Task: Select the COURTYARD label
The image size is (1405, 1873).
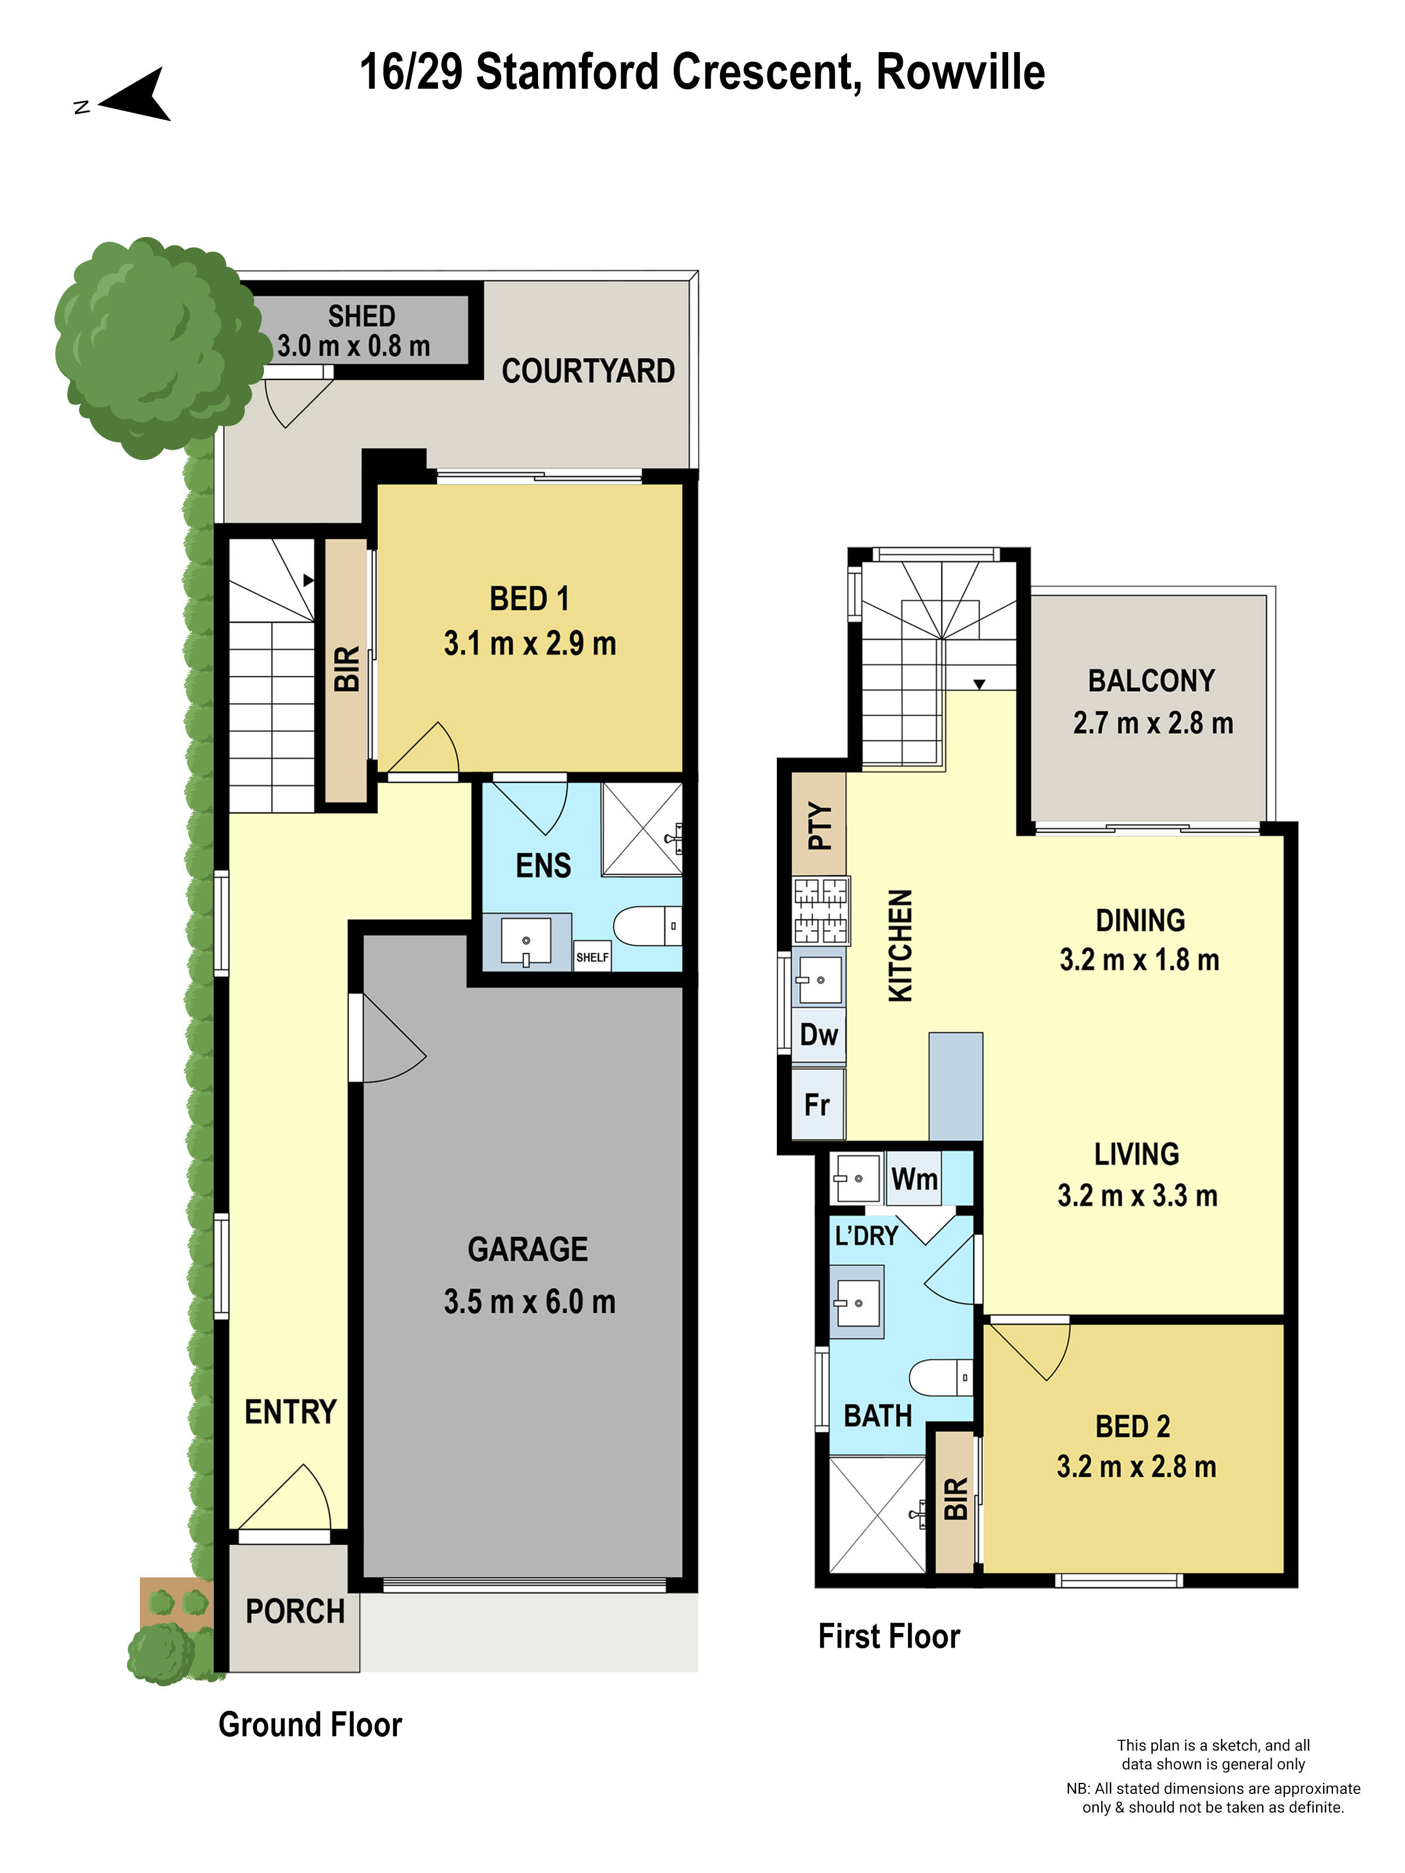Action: click(588, 371)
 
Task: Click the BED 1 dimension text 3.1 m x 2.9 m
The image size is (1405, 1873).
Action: click(529, 643)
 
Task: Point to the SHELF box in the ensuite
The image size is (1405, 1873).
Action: click(592, 957)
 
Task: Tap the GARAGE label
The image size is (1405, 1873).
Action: click(527, 1250)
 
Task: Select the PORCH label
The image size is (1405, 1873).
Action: click(294, 1611)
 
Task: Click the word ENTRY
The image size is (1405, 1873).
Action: click(290, 1412)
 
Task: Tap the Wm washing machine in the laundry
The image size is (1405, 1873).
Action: click(914, 1179)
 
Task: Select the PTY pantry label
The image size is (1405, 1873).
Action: click(820, 825)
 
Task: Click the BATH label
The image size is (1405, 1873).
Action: click(878, 1416)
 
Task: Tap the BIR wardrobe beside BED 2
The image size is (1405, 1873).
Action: click(955, 1500)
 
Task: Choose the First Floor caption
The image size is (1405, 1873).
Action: click(889, 1636)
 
